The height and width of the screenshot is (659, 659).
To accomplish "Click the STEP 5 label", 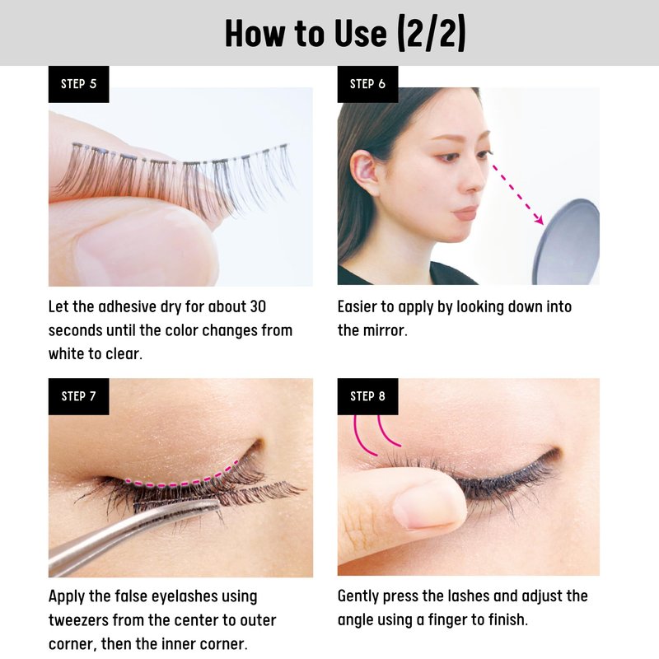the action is click(78, 84).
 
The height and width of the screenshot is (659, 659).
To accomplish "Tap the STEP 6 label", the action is click(367, 84).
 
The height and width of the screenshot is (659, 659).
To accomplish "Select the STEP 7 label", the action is click(78, 396).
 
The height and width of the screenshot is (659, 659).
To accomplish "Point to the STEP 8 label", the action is click(367, 396).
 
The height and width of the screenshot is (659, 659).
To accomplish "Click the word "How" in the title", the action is click(255, 34).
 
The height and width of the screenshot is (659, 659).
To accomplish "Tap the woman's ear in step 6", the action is click(364, 171).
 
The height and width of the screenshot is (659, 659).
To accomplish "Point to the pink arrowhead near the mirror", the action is click(539, 219).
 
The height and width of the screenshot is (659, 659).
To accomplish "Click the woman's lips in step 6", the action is click(465, 213).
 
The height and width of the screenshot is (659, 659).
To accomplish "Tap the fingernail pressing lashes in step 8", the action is click(428, 504).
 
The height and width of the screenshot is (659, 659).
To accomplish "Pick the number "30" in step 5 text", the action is click(258, 306).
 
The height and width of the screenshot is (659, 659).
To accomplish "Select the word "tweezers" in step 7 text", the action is click(78, 620).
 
